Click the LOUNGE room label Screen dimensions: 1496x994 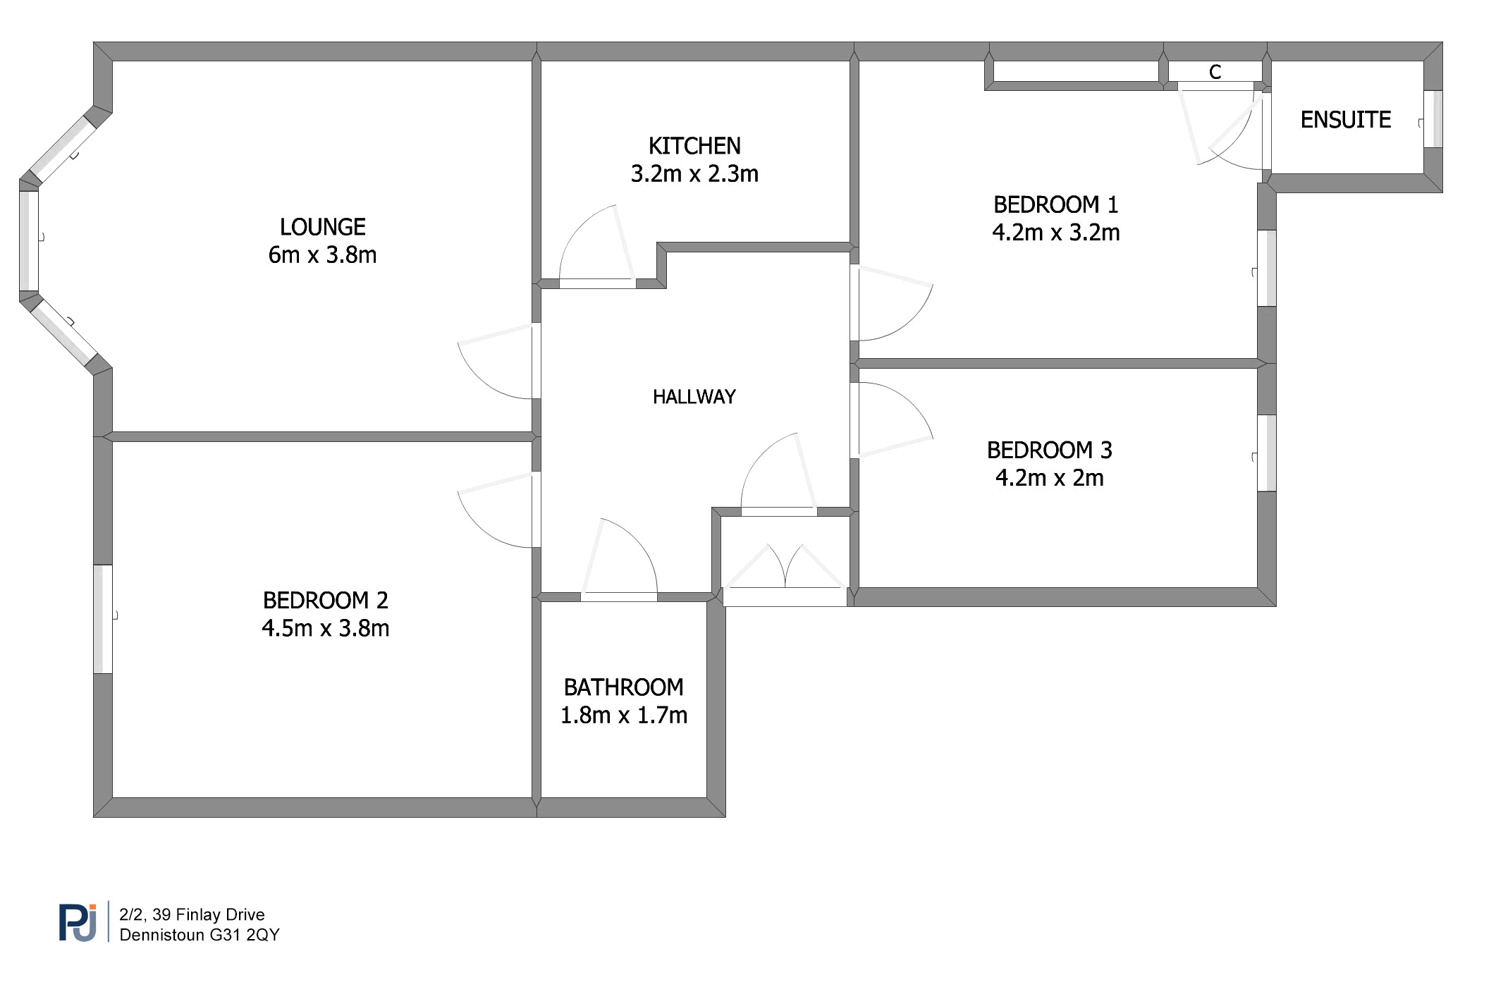(323, 227)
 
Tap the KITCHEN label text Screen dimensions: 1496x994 (694, 146)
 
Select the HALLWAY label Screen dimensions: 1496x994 (694, 397)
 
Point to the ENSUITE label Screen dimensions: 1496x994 (1346, 120)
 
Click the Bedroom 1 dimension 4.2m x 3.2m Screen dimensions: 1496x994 (1056, 232)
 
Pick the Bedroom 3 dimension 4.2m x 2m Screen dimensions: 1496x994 (1050, 478)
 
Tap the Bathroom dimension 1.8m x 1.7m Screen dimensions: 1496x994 (624, 715)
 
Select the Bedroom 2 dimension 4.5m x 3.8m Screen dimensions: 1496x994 (326, 628)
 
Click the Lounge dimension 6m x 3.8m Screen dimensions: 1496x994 (323, 254)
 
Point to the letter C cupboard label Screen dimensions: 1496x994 (1215, 72)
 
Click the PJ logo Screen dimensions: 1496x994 (78, 923)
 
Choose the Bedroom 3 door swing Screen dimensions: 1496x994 (892, 420)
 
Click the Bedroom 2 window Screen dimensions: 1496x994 (103, 619)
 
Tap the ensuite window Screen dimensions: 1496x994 (1433, 119)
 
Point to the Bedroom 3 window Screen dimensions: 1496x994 (1267, 453)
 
